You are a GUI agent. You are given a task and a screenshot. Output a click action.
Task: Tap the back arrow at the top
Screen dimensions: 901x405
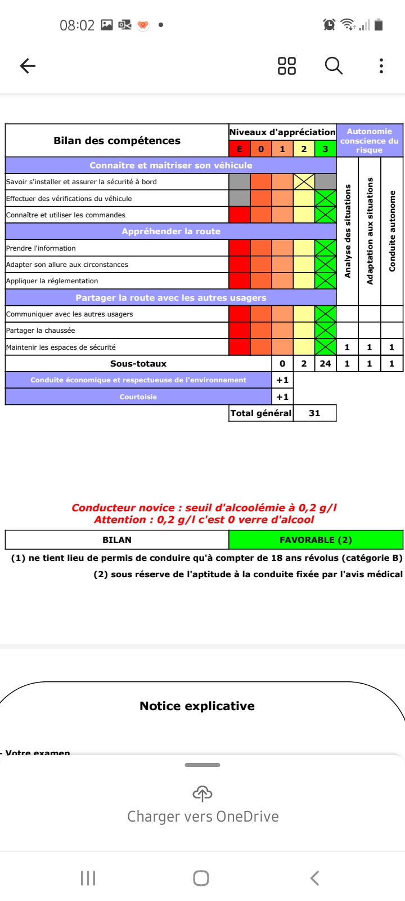(x=28, y=66)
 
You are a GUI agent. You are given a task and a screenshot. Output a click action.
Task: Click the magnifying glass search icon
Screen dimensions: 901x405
(x=334, y=66)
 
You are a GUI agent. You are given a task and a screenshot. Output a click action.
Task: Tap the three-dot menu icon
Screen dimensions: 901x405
(x=381, y=66)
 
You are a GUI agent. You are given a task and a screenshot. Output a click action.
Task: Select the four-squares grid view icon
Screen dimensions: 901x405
(x=287, y=66)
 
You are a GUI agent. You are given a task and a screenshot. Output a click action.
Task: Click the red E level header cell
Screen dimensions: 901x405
(x=240, y=149)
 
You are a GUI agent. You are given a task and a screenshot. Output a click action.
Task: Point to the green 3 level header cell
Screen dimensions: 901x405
(x=325, y=149)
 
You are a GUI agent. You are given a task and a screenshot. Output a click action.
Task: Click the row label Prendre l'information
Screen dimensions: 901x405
(x=41, y=248)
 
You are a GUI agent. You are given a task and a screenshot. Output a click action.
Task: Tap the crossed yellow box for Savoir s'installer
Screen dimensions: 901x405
(x=304, y=181)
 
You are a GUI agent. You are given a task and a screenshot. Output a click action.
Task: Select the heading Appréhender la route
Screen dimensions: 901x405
(x=171, y=231)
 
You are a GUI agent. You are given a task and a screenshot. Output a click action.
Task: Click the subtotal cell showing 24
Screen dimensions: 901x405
(x=325, y=364)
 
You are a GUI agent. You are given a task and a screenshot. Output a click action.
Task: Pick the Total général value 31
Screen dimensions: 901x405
(x=314, y=413)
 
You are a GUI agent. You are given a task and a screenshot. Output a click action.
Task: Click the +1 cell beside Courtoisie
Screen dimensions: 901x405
(x=282, y=397)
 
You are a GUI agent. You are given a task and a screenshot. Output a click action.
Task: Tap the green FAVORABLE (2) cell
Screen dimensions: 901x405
(x=316, y=540)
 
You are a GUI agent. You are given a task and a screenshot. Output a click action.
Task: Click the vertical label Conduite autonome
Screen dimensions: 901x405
(x=392, y=231)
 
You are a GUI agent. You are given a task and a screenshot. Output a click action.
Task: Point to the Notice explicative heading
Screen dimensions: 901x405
(x=197, y=706)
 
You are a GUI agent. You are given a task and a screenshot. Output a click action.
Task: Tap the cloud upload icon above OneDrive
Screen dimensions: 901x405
(x=202, y=794)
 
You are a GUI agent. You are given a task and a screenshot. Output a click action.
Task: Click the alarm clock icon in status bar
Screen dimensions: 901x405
(x=329, y=25)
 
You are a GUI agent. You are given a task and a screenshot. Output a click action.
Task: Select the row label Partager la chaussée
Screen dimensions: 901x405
(x=40, y=331)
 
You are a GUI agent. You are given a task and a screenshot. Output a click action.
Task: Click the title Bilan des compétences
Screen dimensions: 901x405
(x=117, y=141)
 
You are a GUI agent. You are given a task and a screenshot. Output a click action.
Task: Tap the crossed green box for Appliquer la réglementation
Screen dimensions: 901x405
(x=325, y=281)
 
